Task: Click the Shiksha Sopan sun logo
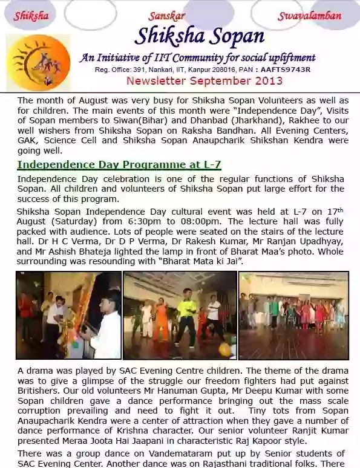(x=38, y=62)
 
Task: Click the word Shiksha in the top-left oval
(x=31, y=16)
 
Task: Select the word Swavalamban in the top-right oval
(x=309, y=16)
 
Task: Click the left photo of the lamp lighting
(x=68, y=315)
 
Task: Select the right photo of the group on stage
(x=293, y=315)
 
